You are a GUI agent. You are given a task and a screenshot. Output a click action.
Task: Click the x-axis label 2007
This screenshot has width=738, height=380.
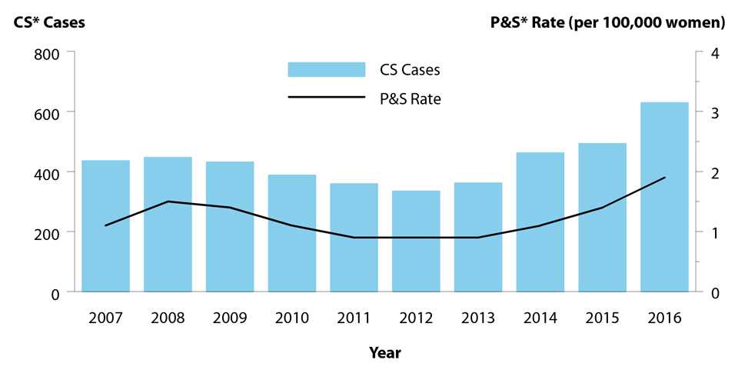coord(105,318)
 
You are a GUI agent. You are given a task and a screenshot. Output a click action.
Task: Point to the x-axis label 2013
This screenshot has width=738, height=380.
coord(478,318)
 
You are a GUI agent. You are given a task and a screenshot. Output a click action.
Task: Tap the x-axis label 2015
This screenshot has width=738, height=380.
coord(602,318)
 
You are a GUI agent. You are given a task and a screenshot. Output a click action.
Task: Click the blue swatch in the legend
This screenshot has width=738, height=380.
coord(326,69)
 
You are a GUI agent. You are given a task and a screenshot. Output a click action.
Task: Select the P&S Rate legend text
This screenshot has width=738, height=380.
coord(410,98)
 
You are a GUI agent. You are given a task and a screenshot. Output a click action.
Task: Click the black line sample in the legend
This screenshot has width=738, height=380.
coord(326,98)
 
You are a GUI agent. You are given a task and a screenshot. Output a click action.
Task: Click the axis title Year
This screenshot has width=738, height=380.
coord(384,353)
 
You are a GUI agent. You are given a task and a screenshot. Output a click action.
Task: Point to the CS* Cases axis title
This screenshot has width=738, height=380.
coord(48,22)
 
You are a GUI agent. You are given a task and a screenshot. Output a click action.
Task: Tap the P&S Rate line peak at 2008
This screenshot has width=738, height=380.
coord(168,202)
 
